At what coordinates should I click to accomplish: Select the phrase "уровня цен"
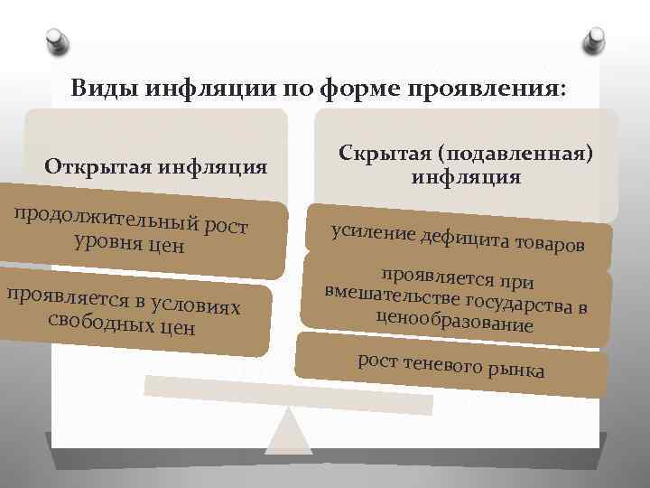click(x=131, y=243)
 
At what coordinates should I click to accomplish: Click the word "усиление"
click(x=370, y=232)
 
